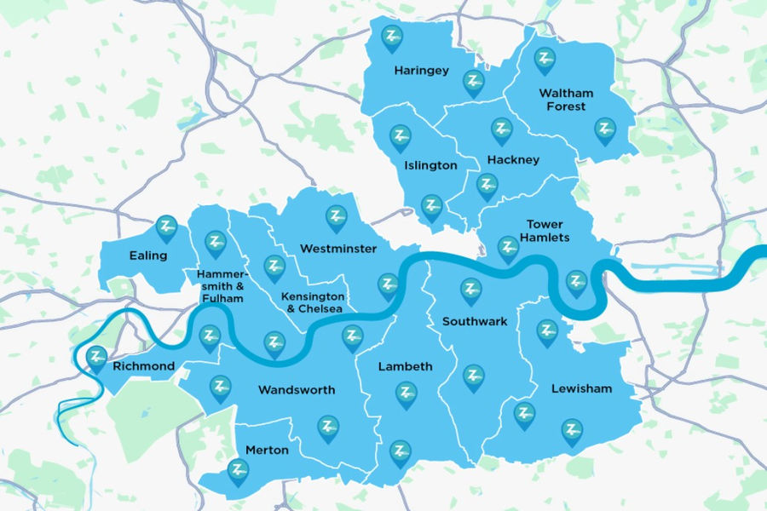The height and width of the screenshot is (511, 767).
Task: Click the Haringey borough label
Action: (421, 71)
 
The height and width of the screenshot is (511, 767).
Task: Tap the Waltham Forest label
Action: (566, 100)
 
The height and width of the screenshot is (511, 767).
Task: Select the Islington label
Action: (432, 165)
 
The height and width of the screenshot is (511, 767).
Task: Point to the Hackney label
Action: (513, 160)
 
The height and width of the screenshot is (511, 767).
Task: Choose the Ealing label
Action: (148, 255)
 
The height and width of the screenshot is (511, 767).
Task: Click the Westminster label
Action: (338, 249)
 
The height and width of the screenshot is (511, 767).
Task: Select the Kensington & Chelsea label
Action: (313, 302)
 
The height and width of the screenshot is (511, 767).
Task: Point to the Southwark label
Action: (475, 322)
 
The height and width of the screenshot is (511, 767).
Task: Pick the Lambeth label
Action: (405, 367)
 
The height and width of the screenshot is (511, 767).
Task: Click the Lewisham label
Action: (581, 389)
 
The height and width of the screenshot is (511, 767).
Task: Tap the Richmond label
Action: (143, 367)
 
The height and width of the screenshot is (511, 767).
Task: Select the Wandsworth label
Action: (296, 390)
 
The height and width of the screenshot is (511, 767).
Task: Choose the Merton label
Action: (267, 451)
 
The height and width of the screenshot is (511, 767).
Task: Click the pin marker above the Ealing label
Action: (166, 227)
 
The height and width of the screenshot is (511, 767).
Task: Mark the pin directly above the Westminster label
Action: (337, 218)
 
